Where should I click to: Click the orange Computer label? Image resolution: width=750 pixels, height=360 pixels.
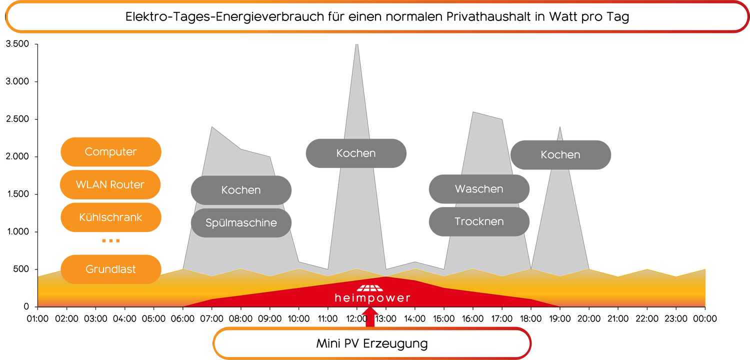(110, 152)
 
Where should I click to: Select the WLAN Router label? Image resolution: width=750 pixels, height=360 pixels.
(110, 184)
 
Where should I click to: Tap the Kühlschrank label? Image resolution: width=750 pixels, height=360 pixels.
(110, 217)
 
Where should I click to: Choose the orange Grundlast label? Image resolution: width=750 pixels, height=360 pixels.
(110, 269)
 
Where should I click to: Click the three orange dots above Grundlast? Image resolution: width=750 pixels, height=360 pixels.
(110, 240)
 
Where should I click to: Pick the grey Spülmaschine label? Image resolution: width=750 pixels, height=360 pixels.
(241, 223)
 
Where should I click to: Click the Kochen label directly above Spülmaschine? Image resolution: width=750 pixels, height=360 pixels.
(241, 190)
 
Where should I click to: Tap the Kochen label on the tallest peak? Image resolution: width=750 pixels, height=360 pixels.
(356, 153)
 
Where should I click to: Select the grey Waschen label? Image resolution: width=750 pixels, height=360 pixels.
(479, 189)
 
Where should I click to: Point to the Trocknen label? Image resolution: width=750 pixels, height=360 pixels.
(479, 221)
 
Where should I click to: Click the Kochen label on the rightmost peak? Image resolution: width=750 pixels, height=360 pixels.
(560, 155)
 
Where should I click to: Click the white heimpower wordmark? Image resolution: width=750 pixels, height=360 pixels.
(372, 298)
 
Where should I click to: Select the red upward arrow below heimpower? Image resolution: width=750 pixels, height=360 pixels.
(370, 318)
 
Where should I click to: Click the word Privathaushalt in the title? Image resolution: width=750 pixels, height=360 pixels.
(500, 16)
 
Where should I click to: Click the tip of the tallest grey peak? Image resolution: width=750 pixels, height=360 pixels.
(356, 43)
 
